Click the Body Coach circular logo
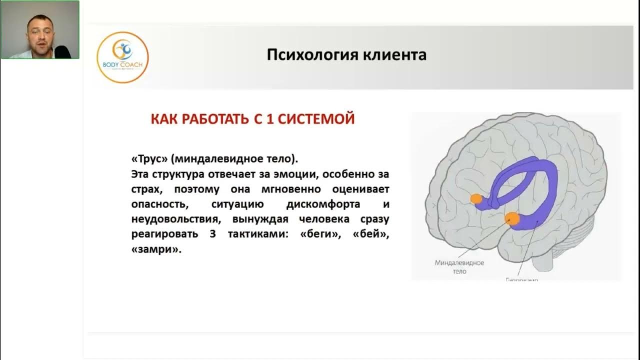click(x=122, y=56)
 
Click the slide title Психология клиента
click(x=346, y=54)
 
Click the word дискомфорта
click(x=323, y=204)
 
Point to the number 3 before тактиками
click(x=212, y=234)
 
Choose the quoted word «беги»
click(x=319, y=234)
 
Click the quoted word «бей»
click(x=370, y=234)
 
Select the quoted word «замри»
click(x=155, y=249)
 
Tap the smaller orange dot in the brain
click(x=476, y=199)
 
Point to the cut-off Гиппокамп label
click(x=521, y=279)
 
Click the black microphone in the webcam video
click(x=62, y=51)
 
